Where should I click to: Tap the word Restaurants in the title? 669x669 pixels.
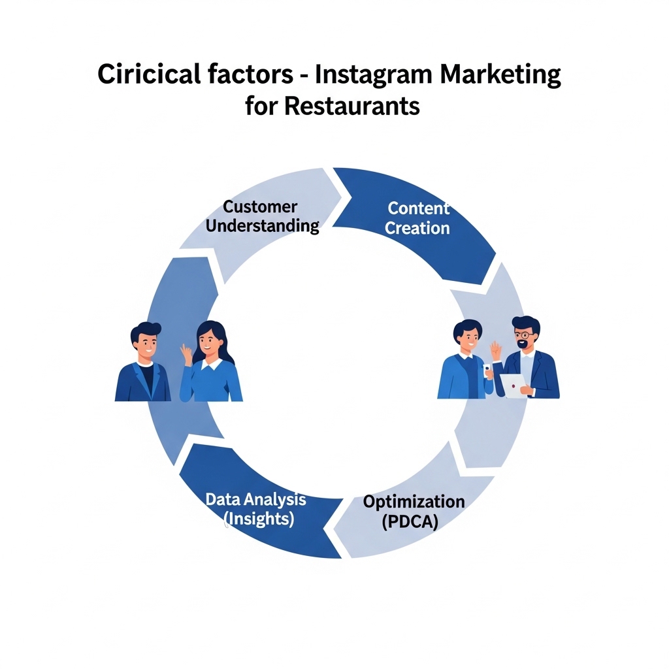tap(351, 106)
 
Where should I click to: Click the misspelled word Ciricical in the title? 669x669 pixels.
tap(149, 74)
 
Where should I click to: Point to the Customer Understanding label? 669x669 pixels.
tap(262, 216)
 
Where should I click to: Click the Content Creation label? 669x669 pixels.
tap(417, 218)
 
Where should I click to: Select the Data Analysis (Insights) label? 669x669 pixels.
tap(256, 509)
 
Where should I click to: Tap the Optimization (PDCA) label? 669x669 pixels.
tap(414, 511)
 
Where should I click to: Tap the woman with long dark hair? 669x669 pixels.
tap(210, 362)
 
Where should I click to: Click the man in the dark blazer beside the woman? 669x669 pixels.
tap(144, 362)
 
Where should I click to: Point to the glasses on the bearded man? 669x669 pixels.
tap(524, 335)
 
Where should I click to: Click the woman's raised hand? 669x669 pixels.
tap(186, 353)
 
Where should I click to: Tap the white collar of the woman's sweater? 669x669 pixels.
tap(212, 364)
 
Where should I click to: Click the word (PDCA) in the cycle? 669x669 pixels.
tap(410, 521)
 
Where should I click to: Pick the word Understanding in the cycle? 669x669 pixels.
tap(262, 225)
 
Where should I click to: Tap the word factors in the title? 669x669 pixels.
tap(250, 74)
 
